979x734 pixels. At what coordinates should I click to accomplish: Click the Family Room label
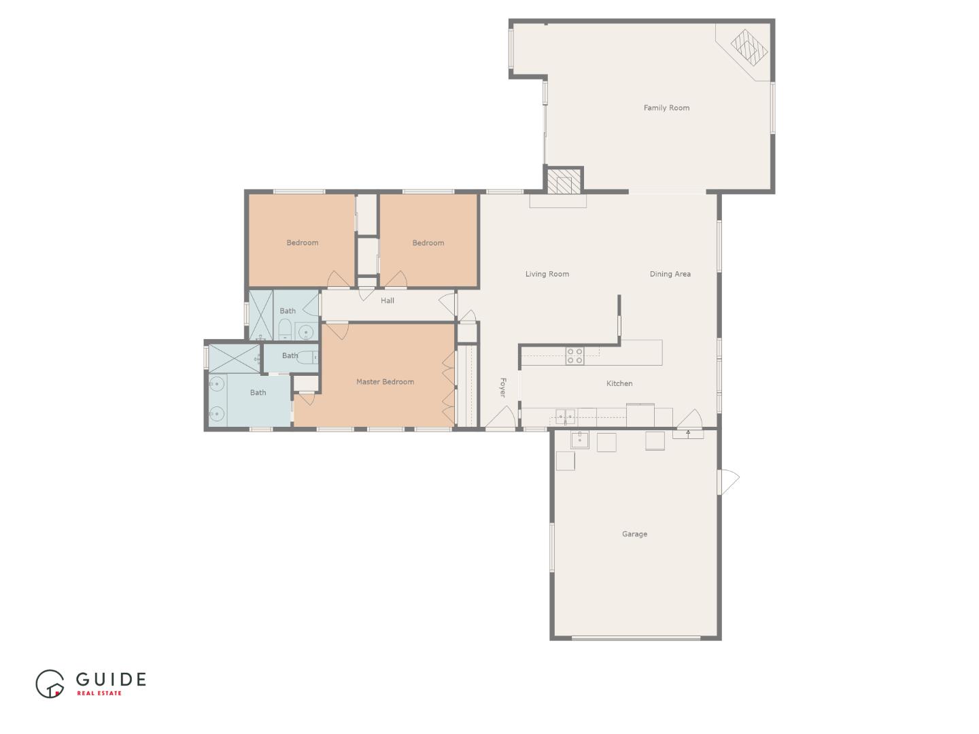point(666,107)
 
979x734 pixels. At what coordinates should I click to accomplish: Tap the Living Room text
point(547,274)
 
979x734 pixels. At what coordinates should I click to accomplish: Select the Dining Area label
point(670,274)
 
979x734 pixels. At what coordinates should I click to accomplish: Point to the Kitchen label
point(619,383)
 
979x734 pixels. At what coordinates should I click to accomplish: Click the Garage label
point(634,534)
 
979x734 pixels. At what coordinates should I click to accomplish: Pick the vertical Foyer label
point(503,387)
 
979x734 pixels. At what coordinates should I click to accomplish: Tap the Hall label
point(388,300)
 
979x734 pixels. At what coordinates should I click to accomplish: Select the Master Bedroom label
point(385,382)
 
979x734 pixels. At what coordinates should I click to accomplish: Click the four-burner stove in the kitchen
point(574,355)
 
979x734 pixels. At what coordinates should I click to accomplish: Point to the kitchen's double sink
point(566,417)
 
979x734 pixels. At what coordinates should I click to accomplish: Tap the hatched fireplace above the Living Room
point(563,181)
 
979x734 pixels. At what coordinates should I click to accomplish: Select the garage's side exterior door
point(727,482)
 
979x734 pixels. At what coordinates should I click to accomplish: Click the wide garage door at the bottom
point(636,637)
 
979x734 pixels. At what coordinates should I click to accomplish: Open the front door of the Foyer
point(500,420)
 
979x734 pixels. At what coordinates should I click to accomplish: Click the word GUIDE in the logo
point(111,679)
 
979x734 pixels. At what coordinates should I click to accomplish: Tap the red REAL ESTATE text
point(99,693)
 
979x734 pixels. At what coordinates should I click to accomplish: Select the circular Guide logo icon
point(50,683)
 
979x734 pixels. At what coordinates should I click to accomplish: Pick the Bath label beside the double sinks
point(258,392)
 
